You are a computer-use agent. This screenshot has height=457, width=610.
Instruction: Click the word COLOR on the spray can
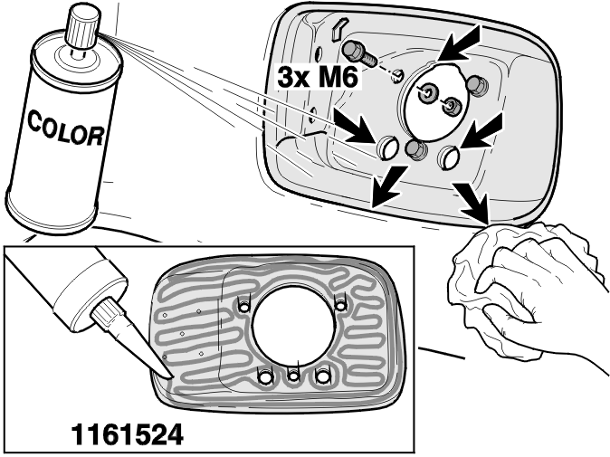[x=65, y=129]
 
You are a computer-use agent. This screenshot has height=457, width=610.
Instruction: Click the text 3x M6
[x=317, y=78]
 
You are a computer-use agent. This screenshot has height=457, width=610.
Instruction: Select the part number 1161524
[x=127, y=434]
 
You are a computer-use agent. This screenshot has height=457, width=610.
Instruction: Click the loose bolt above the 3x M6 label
[x=358, y=53]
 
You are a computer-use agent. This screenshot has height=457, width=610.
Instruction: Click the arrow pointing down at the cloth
[x=472, y=203]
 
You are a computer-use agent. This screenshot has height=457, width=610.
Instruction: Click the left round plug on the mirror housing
[x=387, y=148]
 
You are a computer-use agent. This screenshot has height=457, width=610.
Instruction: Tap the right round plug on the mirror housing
[x=449, y=157]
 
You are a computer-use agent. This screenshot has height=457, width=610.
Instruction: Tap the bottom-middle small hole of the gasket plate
[x=293, y=376]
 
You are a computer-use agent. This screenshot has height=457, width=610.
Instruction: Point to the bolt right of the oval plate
[x=476, y=84]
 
